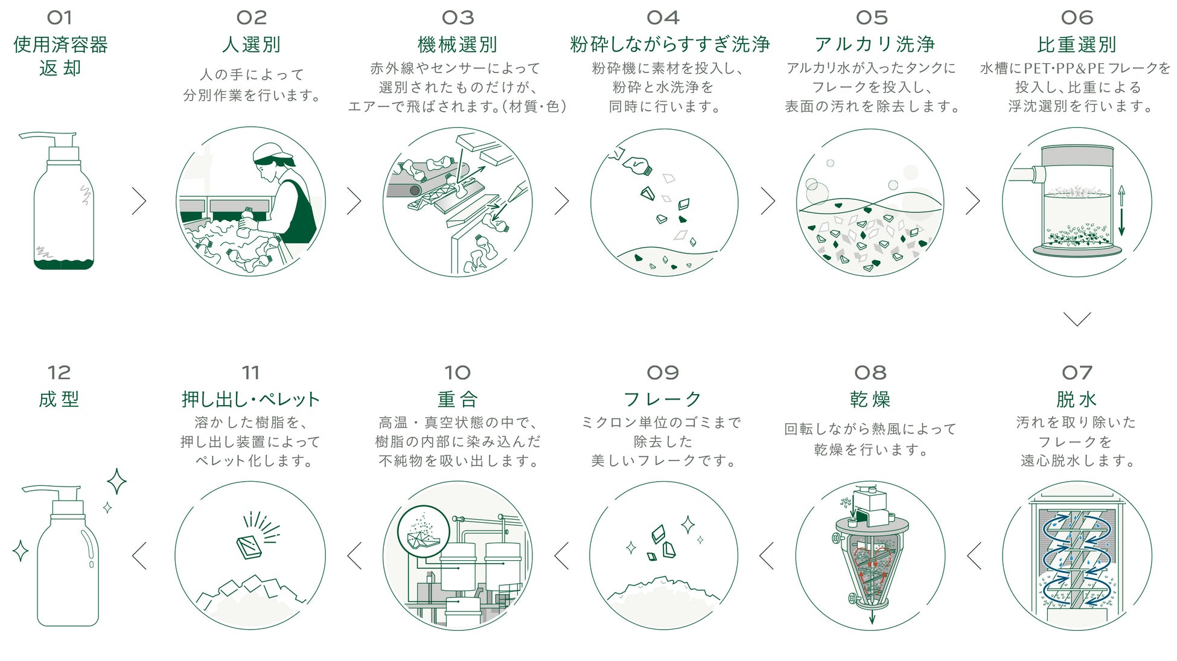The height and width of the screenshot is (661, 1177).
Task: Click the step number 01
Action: click(x=59, y=18)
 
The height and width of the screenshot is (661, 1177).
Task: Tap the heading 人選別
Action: click(x=251, y=45)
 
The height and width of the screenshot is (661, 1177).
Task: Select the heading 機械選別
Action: click(x=458, y=45)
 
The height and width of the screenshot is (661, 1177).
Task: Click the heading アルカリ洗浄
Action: click(x=874, y=45)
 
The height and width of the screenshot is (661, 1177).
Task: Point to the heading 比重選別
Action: click(x=1077, y=45)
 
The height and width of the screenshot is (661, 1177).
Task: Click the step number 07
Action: click(x=1077, y=372)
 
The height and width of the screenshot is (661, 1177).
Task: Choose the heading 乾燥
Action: click(x=870, y=400)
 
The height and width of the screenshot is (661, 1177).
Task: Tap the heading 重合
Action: click(x=458, y=400)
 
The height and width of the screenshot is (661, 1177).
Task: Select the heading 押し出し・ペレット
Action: click(x=250, y=400)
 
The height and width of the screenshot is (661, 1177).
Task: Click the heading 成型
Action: click(x=59, y=400)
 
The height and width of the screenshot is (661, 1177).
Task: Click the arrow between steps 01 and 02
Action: click(x=139, y=201)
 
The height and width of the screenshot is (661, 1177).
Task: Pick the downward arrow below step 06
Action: click(x=1077, y=319)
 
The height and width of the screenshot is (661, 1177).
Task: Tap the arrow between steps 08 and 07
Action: click(x=974, y=556)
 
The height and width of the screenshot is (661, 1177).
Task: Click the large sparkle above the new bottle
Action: click(x=116, y=482)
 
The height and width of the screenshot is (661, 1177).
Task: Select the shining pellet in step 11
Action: click(x=249, y=546)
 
